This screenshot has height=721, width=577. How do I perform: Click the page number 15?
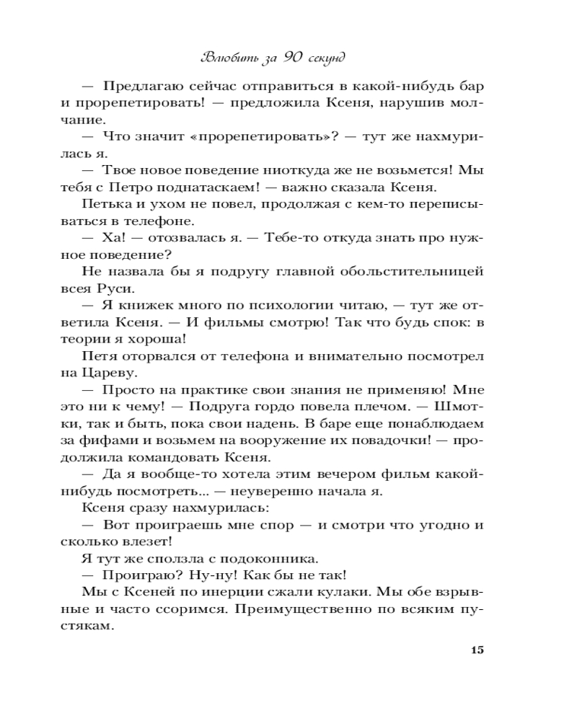(476, 650)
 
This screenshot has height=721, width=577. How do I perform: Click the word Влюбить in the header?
(232, 56)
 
